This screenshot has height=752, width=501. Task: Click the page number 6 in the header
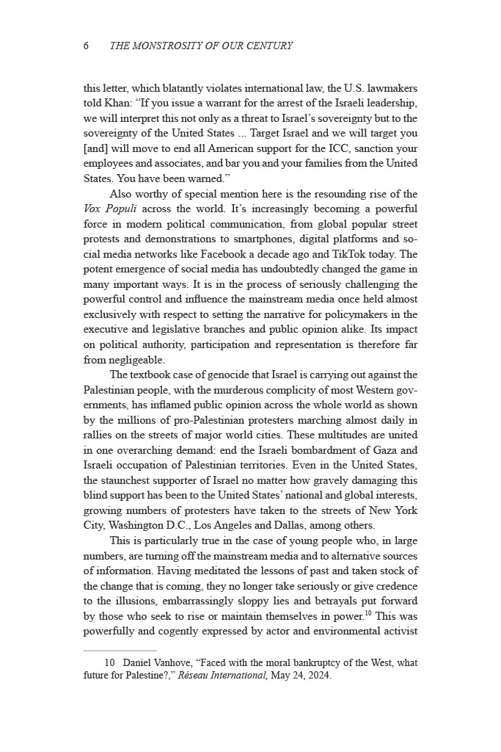coord(87,46)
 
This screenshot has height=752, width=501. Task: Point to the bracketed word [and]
coord(97,148)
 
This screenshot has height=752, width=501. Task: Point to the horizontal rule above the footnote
coord(120,651)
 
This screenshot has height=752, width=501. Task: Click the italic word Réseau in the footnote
coord(195,676)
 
